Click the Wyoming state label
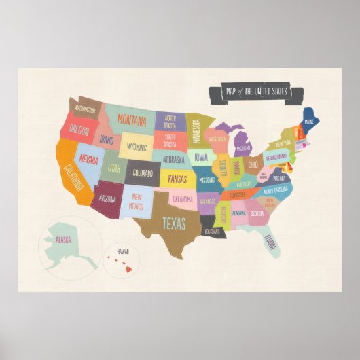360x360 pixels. point(137,147)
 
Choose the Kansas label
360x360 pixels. point(177,179)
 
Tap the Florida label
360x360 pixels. point(270,241)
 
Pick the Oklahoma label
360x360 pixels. point(182,199)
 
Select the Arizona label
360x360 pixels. point(107,200)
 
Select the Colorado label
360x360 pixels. point(143,173)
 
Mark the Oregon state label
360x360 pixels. point(79,129)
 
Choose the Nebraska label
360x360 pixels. point(174,160)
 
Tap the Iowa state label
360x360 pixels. point(202,157)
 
